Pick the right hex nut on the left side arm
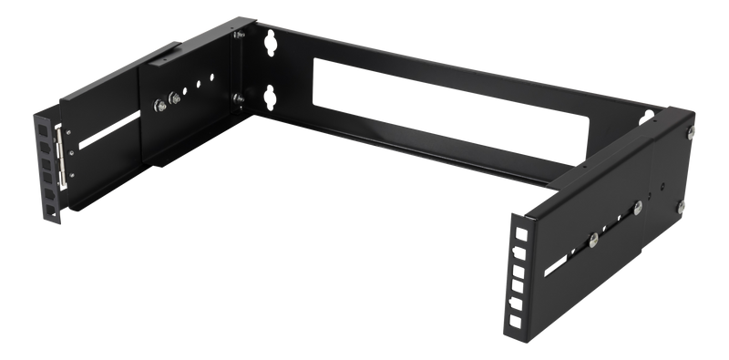(175, 100)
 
